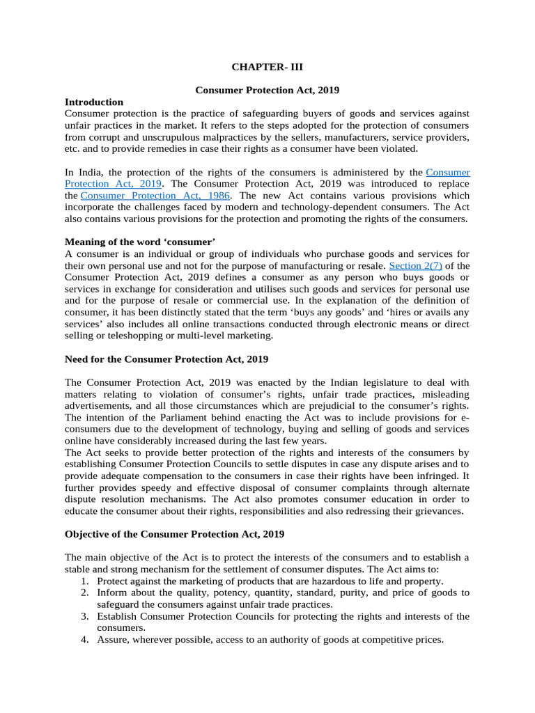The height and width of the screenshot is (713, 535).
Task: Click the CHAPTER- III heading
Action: click(x=267, y=68)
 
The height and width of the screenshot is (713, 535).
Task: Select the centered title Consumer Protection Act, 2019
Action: click(x=267, y=90)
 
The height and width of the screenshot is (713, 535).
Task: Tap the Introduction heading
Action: click(x=94, y=102)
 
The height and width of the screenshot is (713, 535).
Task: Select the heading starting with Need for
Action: click(x=166, y=359)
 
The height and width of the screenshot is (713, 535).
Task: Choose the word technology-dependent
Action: click(x=327, y=207)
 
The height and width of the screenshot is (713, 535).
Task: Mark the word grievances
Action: click(x=436, y=510)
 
